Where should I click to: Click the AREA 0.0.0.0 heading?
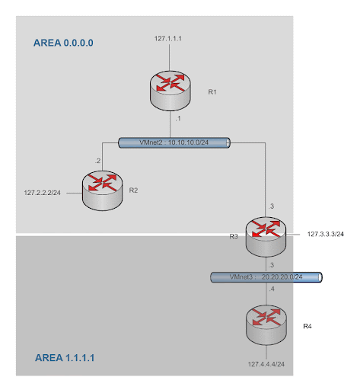[x=63, y=43]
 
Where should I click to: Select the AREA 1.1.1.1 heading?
[x=65, y=358]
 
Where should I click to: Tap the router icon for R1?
[x=170, y=91]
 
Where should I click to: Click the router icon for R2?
[x=103, y=190]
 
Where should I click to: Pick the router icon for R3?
[x=266, y=237]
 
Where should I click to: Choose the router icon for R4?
[x=266, y=325]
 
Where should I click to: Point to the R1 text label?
[x=212, y=92]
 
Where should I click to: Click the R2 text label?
[x=133, y=190]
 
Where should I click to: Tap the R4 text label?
[x=307, y=326]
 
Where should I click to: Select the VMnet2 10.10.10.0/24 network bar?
[x=174, y=142]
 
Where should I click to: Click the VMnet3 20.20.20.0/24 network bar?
[x=266, y=277]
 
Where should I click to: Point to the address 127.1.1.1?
[x=168, y=39]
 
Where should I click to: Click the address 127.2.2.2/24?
[x=43, y=193]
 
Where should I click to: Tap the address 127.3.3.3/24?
[x=326, y=234]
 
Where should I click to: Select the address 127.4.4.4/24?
[x=266, y=364]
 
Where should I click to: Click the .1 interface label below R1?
[x=178, y=119]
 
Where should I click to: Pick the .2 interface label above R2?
[x=97, y=161]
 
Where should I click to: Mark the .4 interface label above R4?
[x=272, y=289]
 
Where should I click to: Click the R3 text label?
[x=234, y=237]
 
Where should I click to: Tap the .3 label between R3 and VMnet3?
[x=271, y=265]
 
